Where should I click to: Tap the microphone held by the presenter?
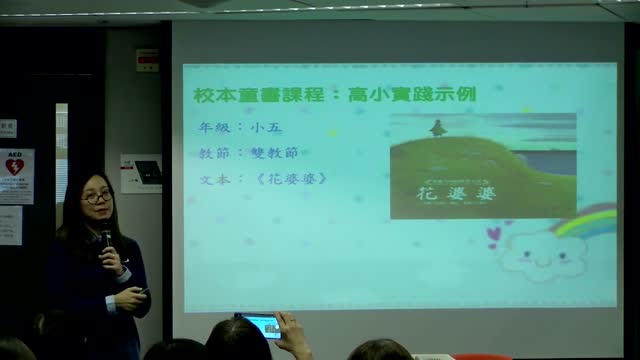click(106, 241)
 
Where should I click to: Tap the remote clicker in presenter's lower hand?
click(144, 292)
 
